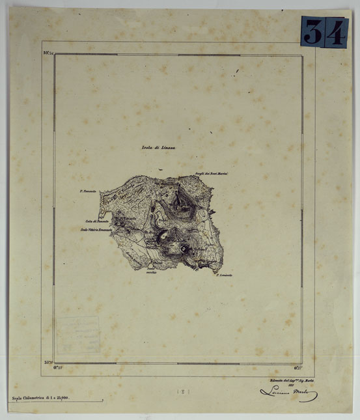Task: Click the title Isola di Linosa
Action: click(x=158, y=148)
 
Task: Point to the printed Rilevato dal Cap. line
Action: click(x=292, y=378)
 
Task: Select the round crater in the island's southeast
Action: click(x=184, y=248)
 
